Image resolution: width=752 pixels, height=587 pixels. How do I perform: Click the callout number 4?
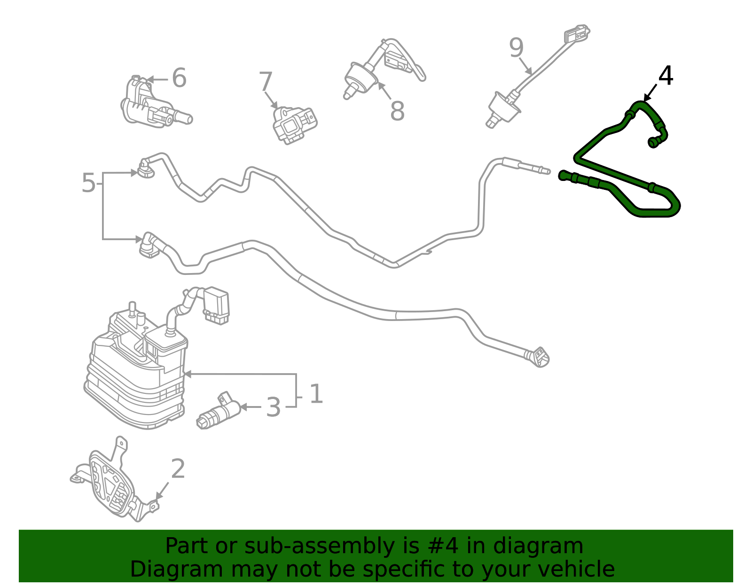pyautogui.click(x=666, y=76)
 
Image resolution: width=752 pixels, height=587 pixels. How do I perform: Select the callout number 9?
pyautogui.click(x=516, y=48)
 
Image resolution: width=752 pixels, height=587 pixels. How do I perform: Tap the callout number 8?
pyautogui.click(x=397, y=111)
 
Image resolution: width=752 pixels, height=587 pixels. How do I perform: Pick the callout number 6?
pyautogui.click(x=179, y=78)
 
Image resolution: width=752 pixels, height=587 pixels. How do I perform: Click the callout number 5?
pyautogui.click(x=88, y=183)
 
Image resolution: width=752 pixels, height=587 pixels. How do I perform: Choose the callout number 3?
pyautogui.click(x=273, y=407)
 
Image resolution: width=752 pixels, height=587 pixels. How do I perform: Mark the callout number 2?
pyautogui.click(x=178, y=469)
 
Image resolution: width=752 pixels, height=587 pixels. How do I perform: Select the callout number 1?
pyautogui.click(x=316, y=394)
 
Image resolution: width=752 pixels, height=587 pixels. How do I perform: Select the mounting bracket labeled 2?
pyautogui.click(x=110, y=484)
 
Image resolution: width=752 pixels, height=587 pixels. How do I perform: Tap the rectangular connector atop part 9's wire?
pyautogui.click(x=576, y=35)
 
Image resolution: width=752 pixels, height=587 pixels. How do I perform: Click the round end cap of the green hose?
pyautogui.click(x=653, y=142)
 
